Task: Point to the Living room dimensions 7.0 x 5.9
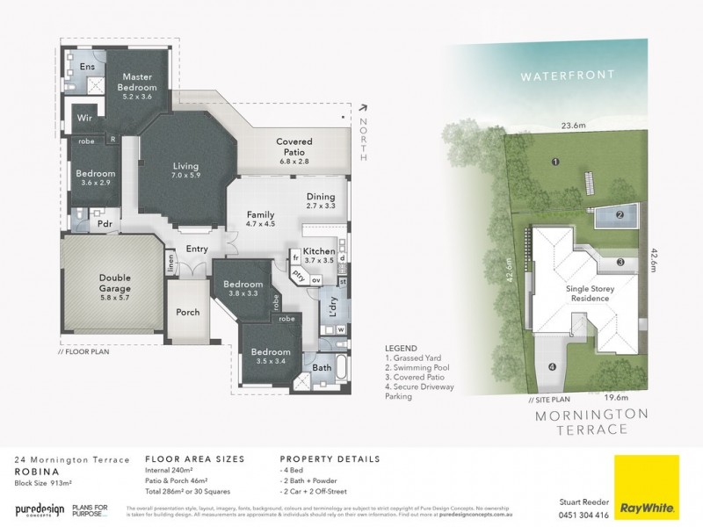pos(185,177)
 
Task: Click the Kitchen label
pos(318,251)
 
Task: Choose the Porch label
pos(188,312)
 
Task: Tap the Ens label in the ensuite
pos(87,68)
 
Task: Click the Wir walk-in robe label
pos(85,116)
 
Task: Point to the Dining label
pos(321,196)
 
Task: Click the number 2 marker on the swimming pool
pos(620,214)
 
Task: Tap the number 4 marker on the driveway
pos(552,367)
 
